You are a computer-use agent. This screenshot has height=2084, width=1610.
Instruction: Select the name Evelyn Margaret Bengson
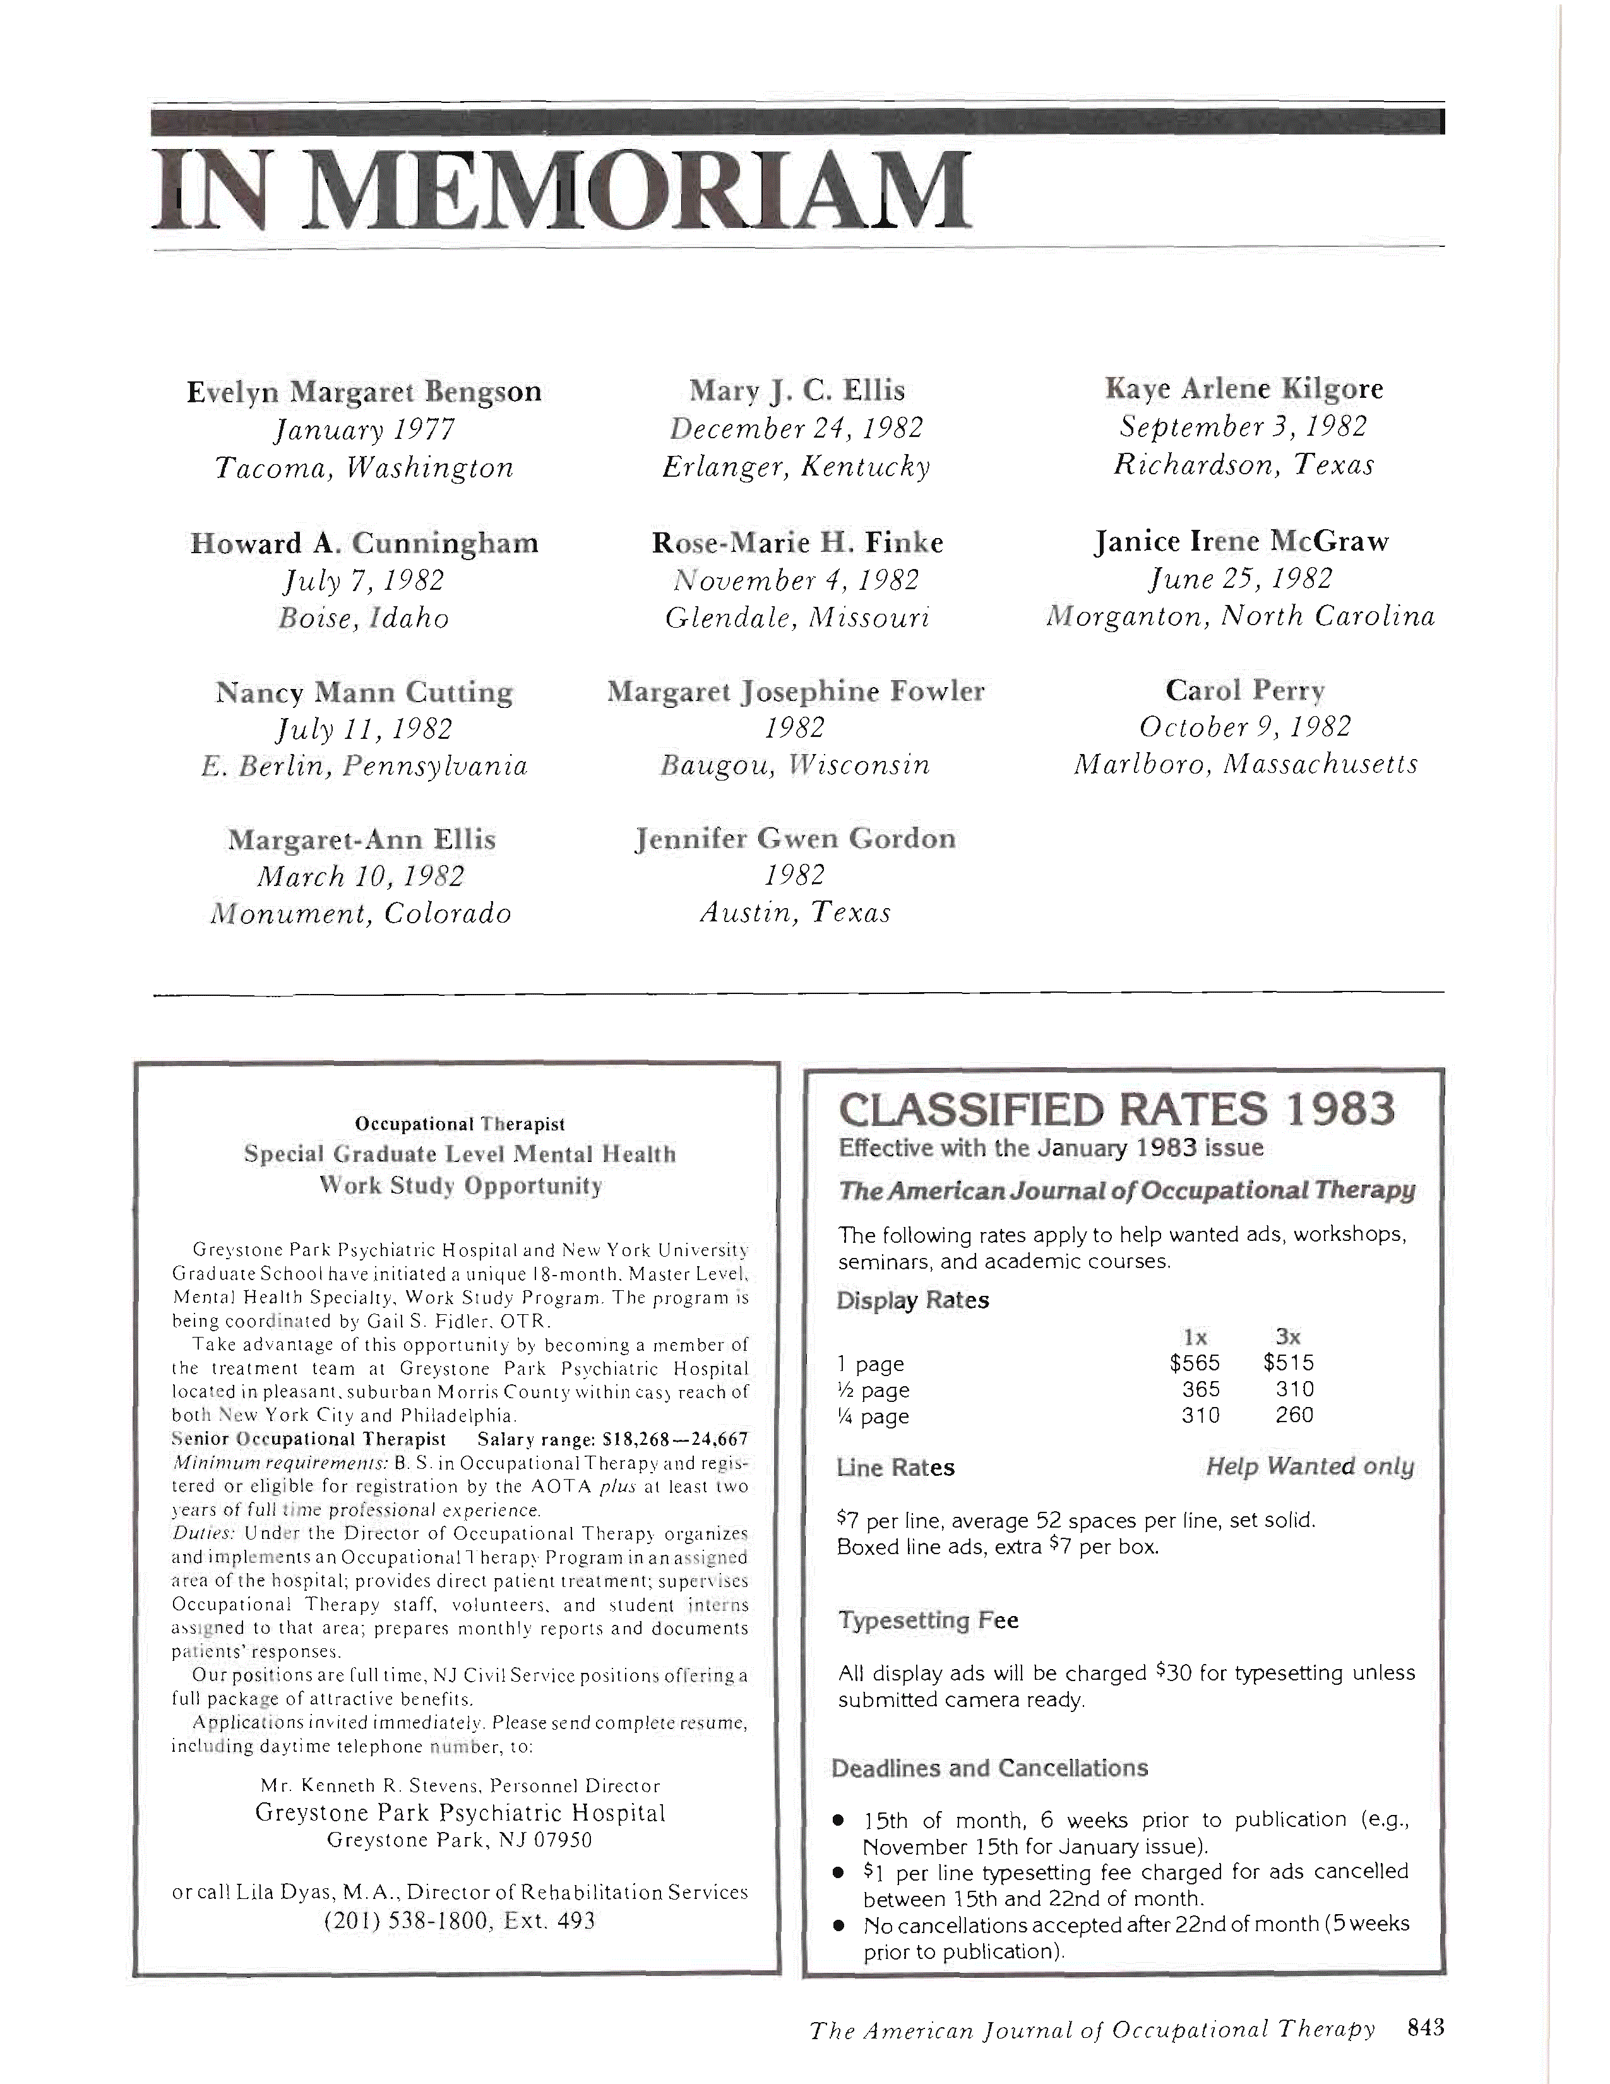pyautogui.click(x=364, y=392)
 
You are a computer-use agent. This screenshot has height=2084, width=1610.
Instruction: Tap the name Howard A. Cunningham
pyautogui.click(x=364, y=544)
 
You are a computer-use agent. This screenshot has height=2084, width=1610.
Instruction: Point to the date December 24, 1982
pyautogui.click(x=796, y=428)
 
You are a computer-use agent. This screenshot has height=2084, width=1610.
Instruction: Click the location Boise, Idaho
pyautogui.click(x=364, y=618)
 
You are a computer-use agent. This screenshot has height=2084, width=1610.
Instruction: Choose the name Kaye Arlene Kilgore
pyautogui.click(x=1244, y=389)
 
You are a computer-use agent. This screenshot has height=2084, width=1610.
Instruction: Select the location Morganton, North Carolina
pyautogui.click(x=1240, y=616)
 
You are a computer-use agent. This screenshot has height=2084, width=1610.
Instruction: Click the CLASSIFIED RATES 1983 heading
pyautogui.click(x=1116, y=1110)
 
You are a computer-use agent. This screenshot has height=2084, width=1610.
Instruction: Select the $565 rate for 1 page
pyautogui.click(x=1194, y=1363)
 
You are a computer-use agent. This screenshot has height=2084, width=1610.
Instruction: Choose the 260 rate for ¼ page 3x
pyautogui.click(x=1294, y=1415)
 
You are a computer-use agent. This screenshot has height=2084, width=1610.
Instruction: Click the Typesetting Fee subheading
pyautogui.click(x=928, y=1620)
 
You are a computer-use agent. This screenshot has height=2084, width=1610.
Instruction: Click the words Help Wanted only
pyautogui.click(x=1309, y=1466)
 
